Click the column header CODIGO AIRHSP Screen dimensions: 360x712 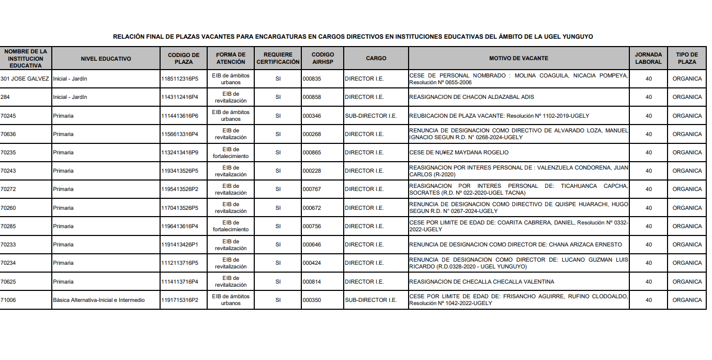322,58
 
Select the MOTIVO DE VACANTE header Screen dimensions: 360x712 518,58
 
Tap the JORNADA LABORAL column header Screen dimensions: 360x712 648,58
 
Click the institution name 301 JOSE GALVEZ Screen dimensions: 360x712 25,78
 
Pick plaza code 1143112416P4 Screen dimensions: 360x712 180,97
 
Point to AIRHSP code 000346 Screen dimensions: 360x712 312,116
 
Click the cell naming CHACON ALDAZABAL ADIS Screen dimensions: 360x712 471,97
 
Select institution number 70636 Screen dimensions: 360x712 8,134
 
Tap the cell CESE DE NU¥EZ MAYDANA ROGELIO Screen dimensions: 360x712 459,152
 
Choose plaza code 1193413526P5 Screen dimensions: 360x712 180,171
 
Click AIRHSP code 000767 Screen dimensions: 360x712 312,189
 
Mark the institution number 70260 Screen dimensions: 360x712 8,208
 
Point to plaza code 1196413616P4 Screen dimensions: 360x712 180,226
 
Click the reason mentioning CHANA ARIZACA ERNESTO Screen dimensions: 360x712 515,244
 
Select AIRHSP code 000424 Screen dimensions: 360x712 312,263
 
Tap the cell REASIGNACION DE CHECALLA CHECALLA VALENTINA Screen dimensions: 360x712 481,282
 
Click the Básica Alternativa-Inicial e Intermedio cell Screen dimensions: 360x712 99,300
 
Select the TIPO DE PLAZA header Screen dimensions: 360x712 687,58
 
